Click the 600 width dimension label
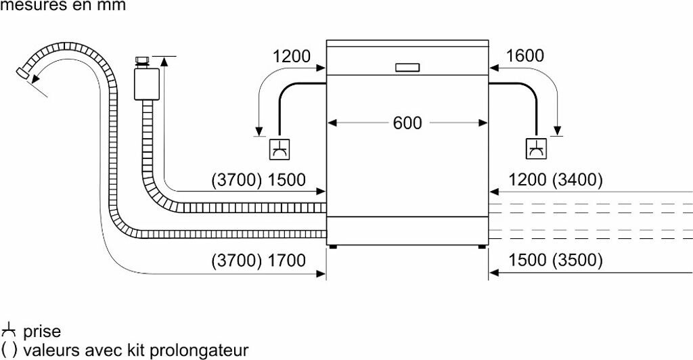pos(407,123)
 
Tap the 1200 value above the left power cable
pos(291,56)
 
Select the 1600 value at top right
pos(524,56)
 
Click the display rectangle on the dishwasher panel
pos(407,67)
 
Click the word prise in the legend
pos(42,332)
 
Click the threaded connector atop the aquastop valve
pos(142,61)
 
